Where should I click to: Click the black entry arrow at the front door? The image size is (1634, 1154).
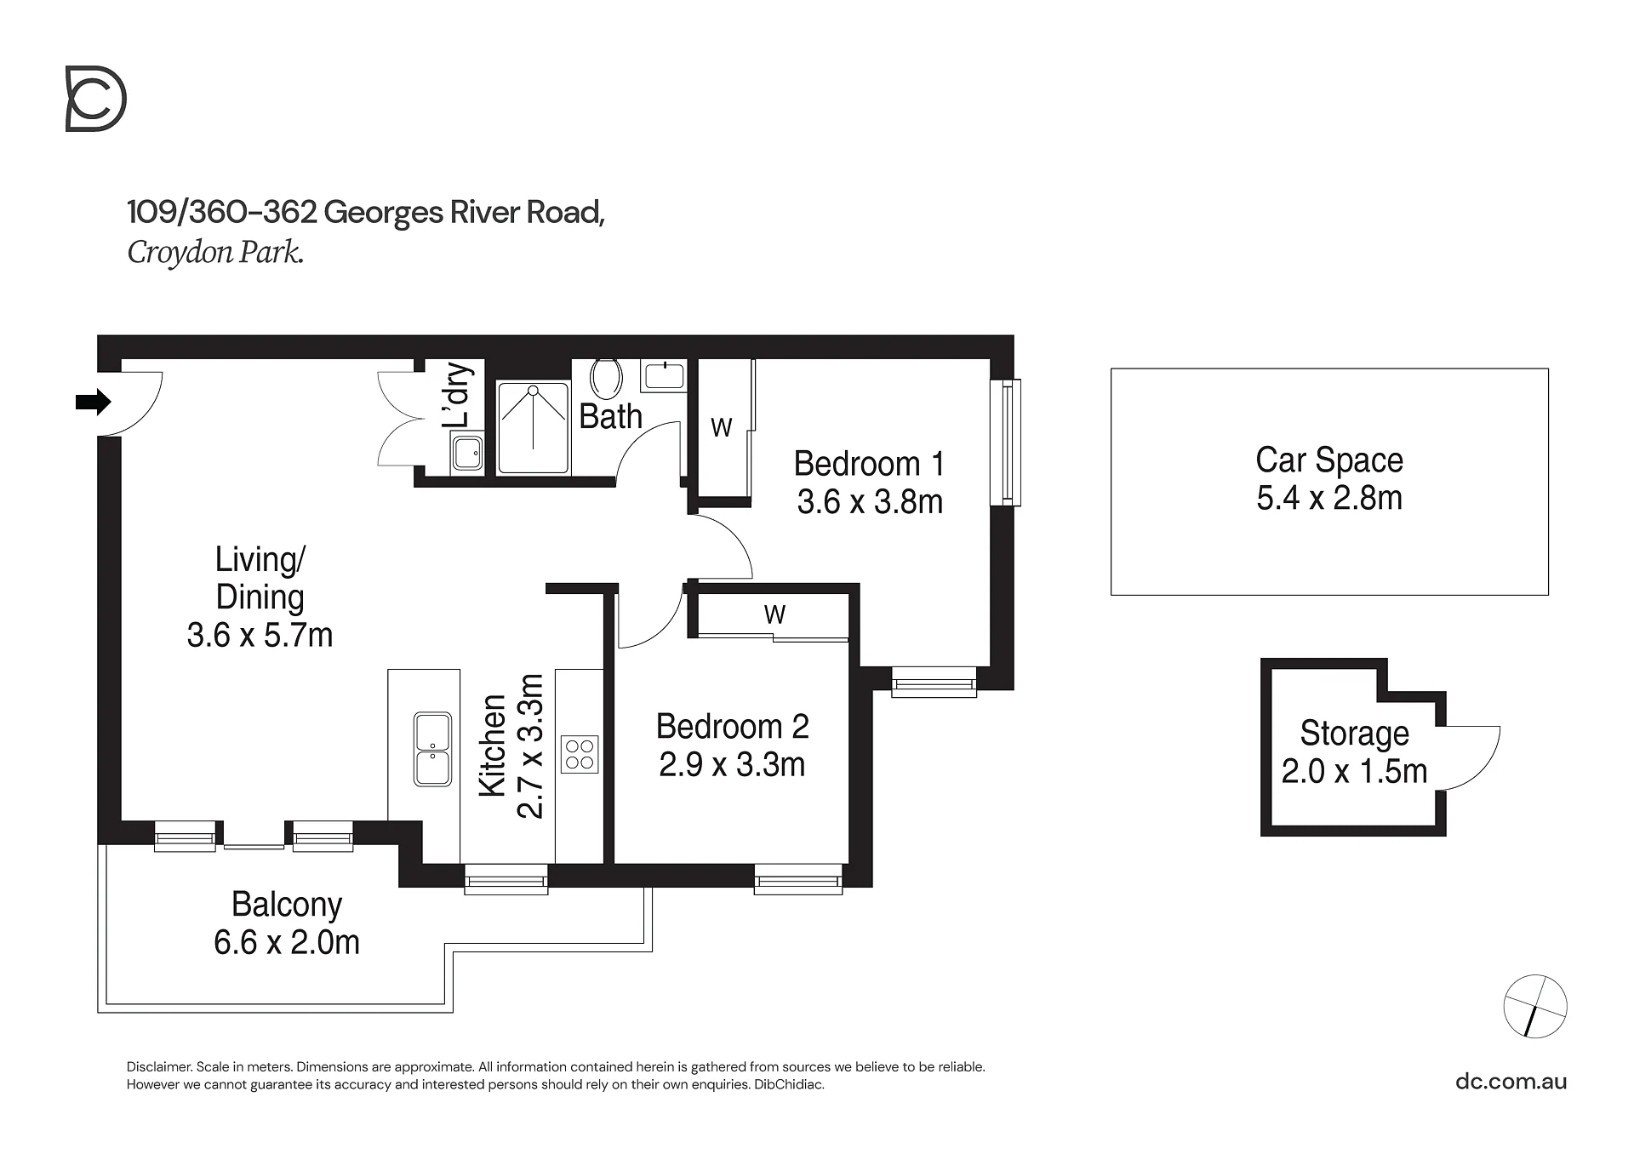94,402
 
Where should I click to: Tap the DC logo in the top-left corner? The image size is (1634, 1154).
96,100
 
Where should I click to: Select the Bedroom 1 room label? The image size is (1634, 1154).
869,464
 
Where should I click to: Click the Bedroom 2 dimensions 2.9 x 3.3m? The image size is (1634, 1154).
732,764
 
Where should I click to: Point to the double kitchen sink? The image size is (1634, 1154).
432,749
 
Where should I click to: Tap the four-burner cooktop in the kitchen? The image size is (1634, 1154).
580,754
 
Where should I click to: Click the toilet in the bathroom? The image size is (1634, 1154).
606,378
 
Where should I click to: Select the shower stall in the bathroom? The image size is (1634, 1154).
534,427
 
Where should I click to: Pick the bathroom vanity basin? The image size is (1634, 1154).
663,375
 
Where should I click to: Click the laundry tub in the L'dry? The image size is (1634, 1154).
467,453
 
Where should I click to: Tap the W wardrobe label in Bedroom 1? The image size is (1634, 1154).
722,427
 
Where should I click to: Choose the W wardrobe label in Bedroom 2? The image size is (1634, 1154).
774,614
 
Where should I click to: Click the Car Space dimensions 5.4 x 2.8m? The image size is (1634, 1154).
1329,498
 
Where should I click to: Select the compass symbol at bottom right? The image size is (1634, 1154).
1535,1006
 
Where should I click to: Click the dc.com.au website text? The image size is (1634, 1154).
1511,1082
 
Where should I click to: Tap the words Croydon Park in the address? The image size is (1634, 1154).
215,253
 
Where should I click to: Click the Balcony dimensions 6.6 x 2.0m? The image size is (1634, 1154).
287,942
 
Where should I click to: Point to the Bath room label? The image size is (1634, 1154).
610,416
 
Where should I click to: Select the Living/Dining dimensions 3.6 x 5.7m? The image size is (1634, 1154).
260,635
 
